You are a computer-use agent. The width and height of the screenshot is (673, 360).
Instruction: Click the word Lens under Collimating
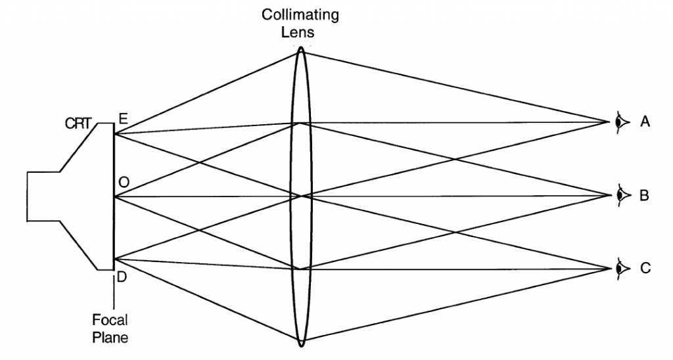[300, 31]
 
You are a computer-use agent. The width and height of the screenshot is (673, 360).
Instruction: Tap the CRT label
[78, 122]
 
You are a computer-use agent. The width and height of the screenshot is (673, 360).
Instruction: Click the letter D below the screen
[122, 279]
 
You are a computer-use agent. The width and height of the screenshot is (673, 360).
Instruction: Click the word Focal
[110, 321]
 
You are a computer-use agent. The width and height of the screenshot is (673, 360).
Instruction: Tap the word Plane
[110, 338]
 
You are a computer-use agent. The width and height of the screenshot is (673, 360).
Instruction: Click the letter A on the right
[645, 122]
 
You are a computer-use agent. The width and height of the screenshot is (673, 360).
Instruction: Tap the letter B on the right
[645, 195]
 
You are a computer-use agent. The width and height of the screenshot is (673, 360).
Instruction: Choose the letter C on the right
[645, 268]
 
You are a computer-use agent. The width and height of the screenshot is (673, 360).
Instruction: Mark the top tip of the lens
[301, 47]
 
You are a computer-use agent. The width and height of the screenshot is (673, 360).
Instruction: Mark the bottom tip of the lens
[301, 344]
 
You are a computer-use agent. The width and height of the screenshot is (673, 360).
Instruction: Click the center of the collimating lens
[301, 195]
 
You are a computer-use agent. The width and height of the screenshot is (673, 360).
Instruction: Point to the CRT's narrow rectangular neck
[43, 195]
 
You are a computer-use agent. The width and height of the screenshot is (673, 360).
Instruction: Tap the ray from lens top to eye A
[453, 86]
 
